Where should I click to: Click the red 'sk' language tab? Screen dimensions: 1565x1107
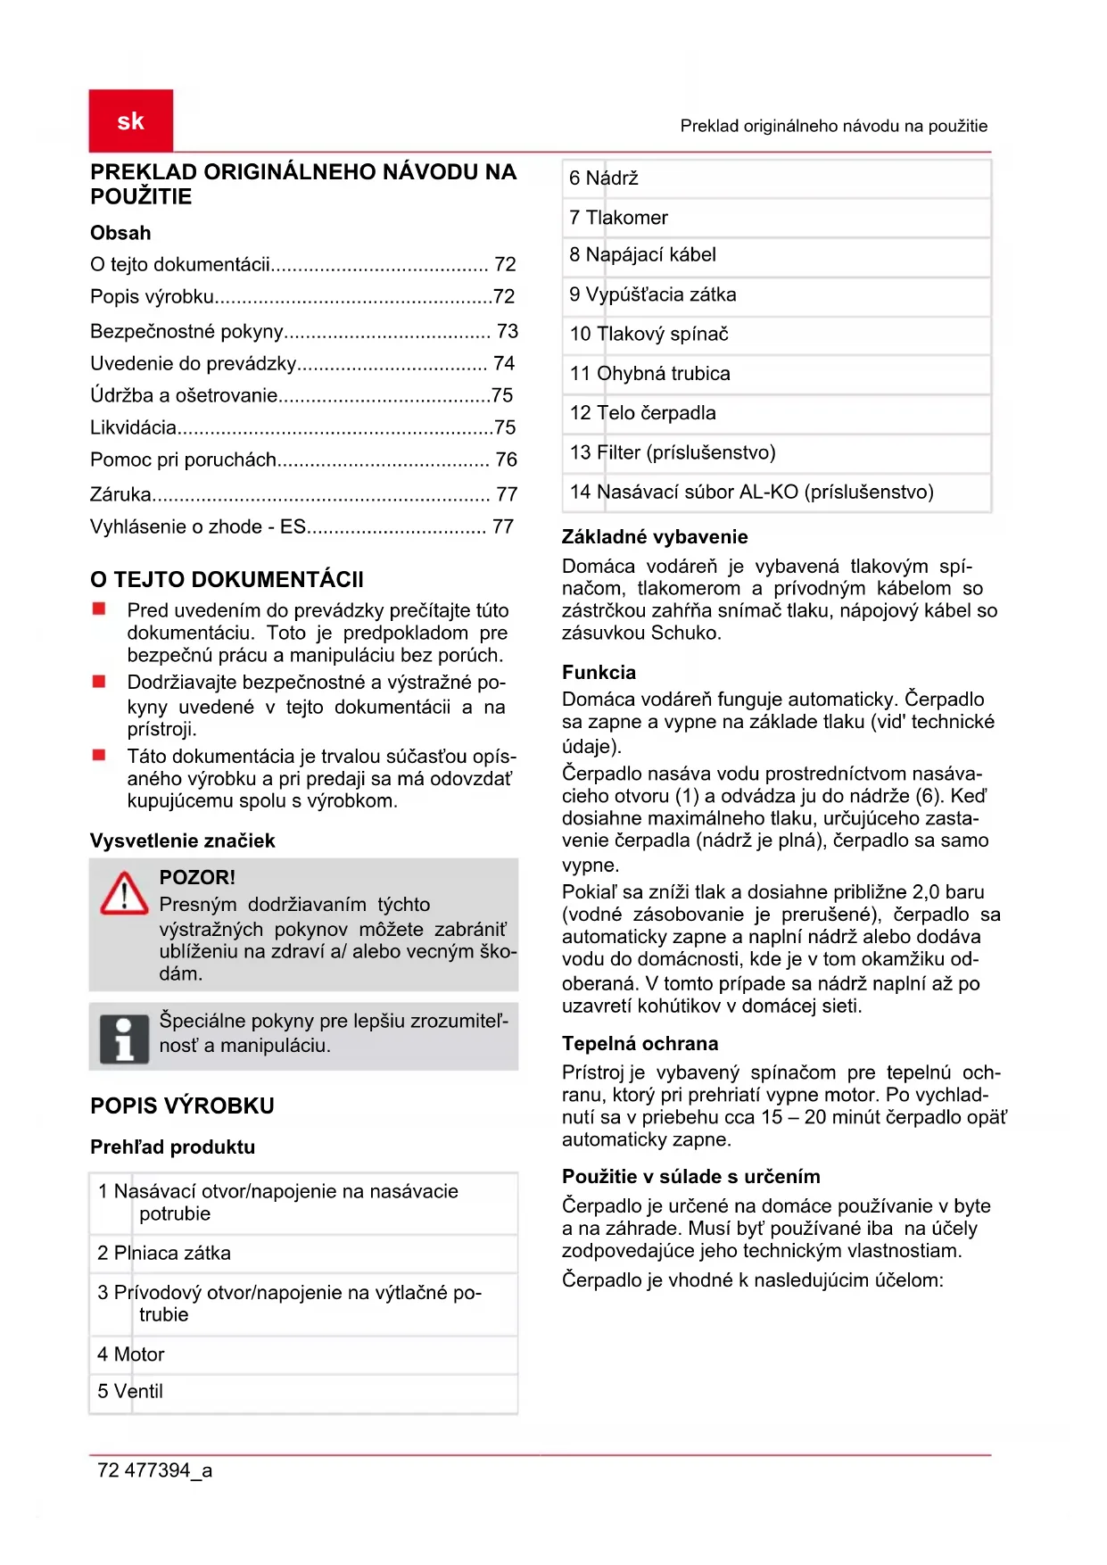(130, 120)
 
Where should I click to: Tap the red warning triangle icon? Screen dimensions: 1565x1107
(124, 894)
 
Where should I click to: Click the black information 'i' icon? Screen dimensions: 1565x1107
(124, 1039)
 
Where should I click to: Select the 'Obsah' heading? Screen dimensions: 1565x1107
(120, 233)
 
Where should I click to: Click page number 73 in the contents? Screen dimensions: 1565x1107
(507, 331)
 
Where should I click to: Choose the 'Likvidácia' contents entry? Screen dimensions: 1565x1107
(134, 427)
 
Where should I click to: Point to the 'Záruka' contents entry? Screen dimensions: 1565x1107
(120, 493)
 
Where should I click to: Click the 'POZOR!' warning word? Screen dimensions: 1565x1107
(197, 877)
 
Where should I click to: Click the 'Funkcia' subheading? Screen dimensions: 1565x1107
(599, 672)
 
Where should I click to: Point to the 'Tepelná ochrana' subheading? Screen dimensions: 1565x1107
(640, 1043)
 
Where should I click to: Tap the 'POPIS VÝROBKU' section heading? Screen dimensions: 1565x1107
(182, 1105)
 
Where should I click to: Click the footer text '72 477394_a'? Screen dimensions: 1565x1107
(154, 1470)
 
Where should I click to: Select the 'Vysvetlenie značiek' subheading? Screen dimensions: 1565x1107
(182, 840)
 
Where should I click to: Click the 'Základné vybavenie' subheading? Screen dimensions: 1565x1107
(654, 536)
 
